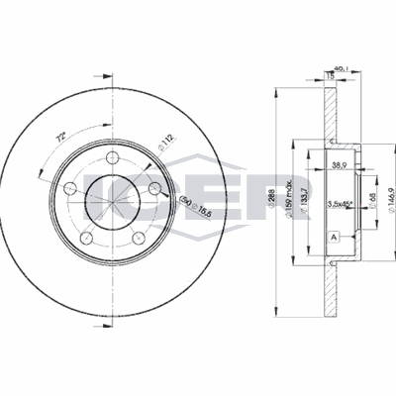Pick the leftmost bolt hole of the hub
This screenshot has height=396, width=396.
pyautogui.click(x=69, y=188)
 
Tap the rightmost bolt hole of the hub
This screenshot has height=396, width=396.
pyautogui.click(x=154, y=189)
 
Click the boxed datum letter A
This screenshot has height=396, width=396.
pyautogui.click(x=333, y=238)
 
